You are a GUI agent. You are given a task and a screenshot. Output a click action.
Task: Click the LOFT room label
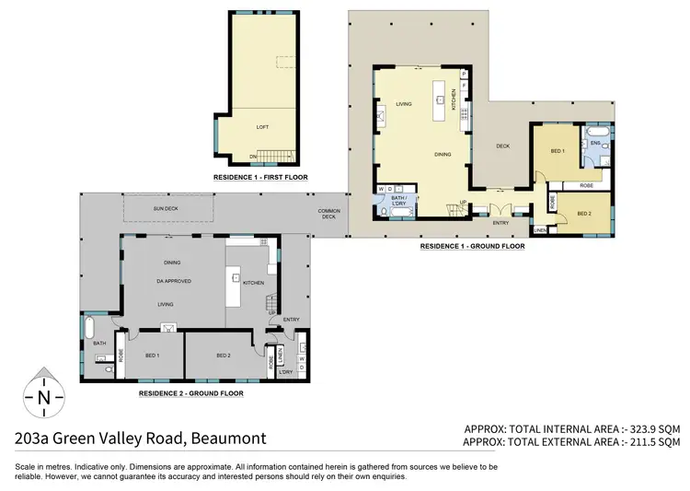pos(263,127)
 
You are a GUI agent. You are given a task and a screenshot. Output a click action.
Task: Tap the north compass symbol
pos(44,398)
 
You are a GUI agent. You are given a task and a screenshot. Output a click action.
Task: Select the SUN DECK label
pos(166,209)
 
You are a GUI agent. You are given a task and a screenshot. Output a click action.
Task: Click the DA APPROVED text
pos(173,280)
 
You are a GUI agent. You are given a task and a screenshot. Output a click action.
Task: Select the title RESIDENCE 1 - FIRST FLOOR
pos(259,176)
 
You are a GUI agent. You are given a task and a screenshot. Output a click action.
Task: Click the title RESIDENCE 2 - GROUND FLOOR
pos(190,392)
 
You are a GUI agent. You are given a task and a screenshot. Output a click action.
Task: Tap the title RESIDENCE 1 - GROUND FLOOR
pos(472,246)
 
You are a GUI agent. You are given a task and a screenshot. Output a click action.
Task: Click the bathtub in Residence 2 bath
pos(90,329)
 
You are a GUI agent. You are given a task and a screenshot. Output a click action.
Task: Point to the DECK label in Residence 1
pos(502,146)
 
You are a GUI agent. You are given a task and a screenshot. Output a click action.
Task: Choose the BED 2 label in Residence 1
pos(583,214)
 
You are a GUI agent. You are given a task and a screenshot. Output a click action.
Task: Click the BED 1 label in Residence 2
pos(152,355)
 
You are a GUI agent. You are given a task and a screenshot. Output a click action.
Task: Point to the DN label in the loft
pos(252,157)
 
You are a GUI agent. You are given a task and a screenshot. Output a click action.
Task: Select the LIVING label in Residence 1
pos(403,104)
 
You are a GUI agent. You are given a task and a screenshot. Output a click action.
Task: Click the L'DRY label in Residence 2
pos(284,371)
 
